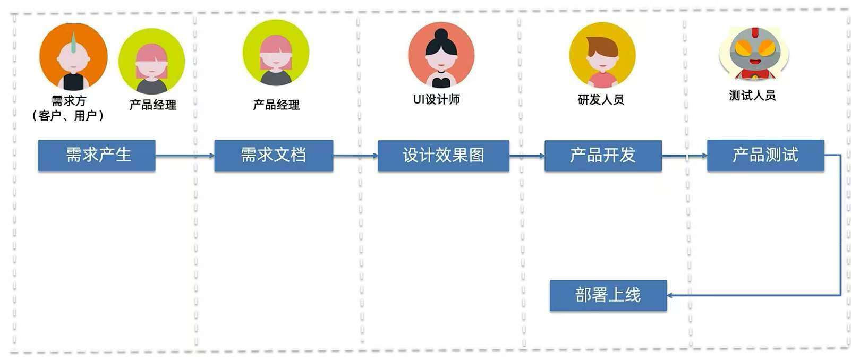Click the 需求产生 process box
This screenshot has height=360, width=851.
(x=97, y=155)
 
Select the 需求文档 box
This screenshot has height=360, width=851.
(x=274, y=155)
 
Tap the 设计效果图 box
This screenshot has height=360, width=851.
(x=443, y=155)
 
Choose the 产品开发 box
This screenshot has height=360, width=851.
(x=603, y=155)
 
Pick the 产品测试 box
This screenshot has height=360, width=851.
(x=765, y=155)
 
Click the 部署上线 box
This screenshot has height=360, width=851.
(x=608, y=295)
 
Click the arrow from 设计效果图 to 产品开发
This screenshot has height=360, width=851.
(x=526, y=156)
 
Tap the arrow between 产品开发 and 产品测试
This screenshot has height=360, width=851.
(x=684, y=156)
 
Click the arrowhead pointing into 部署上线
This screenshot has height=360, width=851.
(x=670, y=295)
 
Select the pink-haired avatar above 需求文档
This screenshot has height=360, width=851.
(x=276, y=53)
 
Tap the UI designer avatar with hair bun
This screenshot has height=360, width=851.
(x=441, y=55)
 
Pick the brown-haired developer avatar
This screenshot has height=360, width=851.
(x=602, y=55)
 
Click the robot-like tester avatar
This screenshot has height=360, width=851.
(x=753, y=53)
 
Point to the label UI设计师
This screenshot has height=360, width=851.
(x=436, y=99)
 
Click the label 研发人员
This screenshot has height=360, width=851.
(x=601, y=99)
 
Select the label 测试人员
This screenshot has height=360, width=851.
(x=752, y=96)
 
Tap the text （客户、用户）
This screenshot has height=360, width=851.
(x=69, y=115)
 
